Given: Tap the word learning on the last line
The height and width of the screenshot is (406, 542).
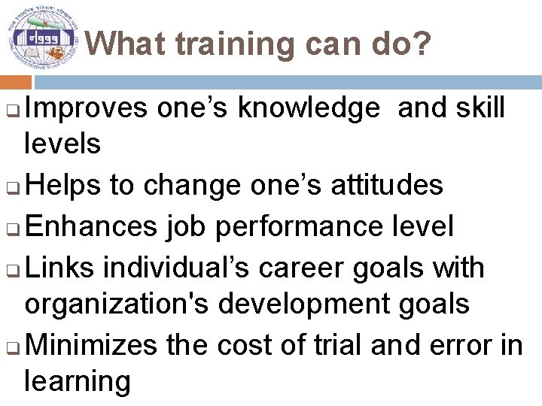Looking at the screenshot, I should click(x=78, y=382).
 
